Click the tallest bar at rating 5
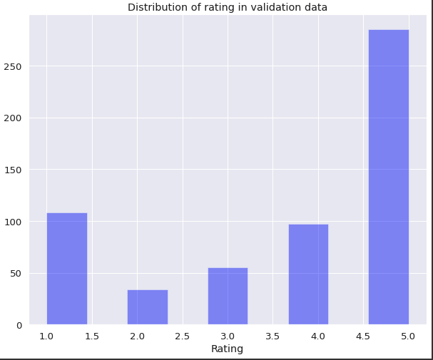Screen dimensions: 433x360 pos(389,177)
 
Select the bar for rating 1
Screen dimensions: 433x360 pos(67,269)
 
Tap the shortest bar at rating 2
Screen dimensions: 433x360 pos(148,307)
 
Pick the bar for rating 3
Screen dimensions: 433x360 pos(228,296)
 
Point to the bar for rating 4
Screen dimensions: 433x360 pos(308,274)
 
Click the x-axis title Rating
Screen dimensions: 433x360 pos(227,349)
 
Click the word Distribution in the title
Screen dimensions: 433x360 pos(158,7)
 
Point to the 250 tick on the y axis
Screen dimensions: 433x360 pos(13,66)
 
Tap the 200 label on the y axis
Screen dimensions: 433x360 pos(13,118)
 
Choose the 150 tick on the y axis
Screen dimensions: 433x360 pos(13,170)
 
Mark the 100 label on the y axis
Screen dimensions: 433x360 pos(13,222)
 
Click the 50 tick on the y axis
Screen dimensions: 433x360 pos(16,273)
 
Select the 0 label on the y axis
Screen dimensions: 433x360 pos(19,326)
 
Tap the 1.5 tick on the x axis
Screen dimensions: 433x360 pos(92,336)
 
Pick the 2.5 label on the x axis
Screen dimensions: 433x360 pos(183,336)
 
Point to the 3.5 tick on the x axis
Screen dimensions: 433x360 pos(272,336)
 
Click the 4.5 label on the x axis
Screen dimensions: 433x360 pos(363,336)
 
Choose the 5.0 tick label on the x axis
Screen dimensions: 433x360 pos(408,336)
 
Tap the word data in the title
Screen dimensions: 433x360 pos(316,7)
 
